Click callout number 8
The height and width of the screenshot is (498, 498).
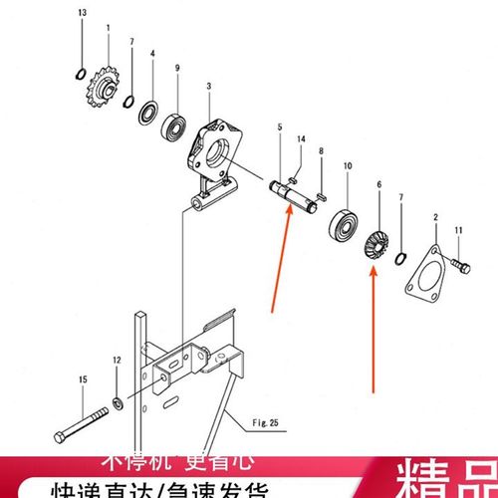pyautogui.click(x=320, y=150)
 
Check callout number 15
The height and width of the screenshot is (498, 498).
pyautogui.click(x=84, y=378)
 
